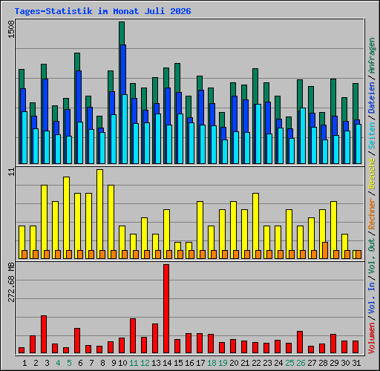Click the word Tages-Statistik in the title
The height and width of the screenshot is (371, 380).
pyautogui.click(x=53, y=11)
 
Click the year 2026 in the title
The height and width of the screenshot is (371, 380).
pyautogui.click(x=180, y=11)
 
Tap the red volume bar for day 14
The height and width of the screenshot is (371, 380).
pyautogui.click(x=166, y=309)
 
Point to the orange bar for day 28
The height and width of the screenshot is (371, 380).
pyautogui.click(x=325, y=250)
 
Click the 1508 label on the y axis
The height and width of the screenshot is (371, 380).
pyautogui.click(x=11, y=29)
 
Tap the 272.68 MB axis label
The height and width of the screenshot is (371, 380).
pyautogui.click(x=11, y=282)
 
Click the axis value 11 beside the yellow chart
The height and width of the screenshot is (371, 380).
pyautogui.click(x=11, y=172)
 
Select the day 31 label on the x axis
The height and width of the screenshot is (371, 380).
pyautogui.click(x=356, y=363)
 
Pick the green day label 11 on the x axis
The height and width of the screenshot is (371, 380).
pyautogui.click(x=134, y=363)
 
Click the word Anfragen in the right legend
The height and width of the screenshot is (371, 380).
pyautogui.click(x=372, y=56)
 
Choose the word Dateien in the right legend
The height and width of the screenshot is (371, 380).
pyautogui.click(x=372, y=98)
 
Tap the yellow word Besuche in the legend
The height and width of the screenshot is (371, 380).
pyautogui.click(x=372, y=174)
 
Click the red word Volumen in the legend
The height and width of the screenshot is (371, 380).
pyautogui.click(x=372, y=338)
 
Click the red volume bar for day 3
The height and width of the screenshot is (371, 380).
pyautogui.click(x=44, y=334)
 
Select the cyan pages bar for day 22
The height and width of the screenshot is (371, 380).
pyautogui.click(x=258, y=134)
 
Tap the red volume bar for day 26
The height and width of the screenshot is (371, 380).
pyautogui.click(x=300, y=342)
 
